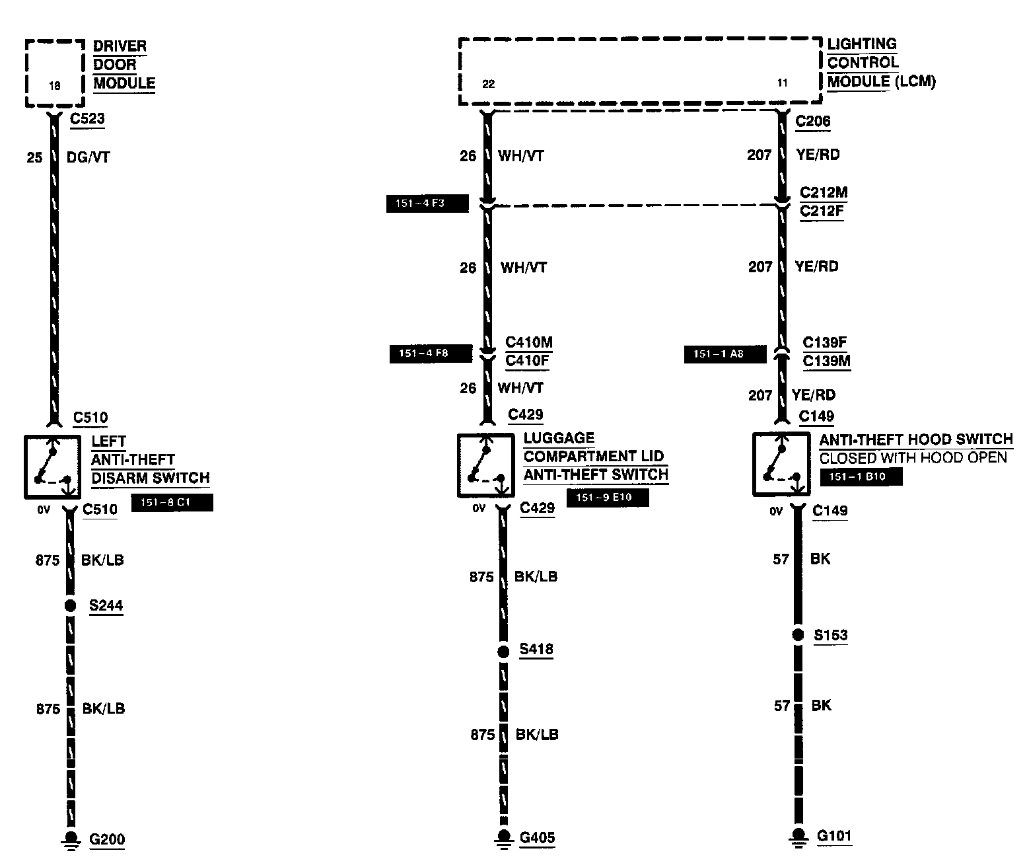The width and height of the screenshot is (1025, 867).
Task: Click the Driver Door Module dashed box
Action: (55, 73)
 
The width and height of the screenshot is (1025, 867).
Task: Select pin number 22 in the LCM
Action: (488, 84)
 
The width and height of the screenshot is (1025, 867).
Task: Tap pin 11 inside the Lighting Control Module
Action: (783, 83)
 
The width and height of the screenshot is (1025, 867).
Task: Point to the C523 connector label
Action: (87, 120)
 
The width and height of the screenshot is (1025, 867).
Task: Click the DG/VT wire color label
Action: (88, 157)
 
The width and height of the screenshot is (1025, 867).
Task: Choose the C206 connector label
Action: (813, 122)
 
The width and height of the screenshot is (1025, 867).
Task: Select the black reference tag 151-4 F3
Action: (427, 204)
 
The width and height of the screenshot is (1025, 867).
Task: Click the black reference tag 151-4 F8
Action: (431, 354)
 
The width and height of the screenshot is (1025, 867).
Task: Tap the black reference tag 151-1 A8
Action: (725, 354)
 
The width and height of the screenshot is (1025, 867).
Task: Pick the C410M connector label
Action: (529, 342)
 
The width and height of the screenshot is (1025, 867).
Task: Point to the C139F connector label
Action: (825, 343)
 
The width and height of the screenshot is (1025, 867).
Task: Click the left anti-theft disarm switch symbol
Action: (52, 466)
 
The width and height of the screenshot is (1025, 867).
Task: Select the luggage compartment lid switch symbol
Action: (485, 465)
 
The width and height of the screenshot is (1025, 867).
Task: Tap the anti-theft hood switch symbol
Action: (781, 464)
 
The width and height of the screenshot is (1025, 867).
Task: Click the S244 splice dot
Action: (69, 605)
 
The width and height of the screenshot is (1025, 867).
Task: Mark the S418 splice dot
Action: (503, 652)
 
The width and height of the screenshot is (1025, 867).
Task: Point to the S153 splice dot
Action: (798, 635)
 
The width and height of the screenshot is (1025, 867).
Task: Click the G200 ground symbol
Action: (69, 839)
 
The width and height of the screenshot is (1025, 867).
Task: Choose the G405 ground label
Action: (537, 838)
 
